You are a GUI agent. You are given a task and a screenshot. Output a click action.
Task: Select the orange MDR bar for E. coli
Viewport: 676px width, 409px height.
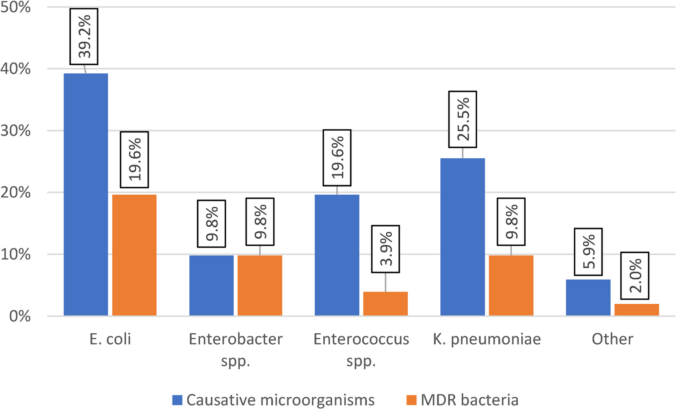tap(134, 255)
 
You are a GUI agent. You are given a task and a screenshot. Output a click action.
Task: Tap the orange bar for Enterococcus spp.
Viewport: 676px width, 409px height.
tap(385, 303)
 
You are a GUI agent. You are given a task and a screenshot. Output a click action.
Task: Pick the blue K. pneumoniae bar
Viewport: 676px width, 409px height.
tap(463, 237)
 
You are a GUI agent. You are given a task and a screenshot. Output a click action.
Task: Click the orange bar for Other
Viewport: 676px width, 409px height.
tap(637, 310)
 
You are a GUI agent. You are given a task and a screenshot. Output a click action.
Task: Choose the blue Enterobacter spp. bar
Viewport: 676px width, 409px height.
tap(212, 285)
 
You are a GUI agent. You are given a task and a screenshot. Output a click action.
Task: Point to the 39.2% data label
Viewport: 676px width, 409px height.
tap(84, 36)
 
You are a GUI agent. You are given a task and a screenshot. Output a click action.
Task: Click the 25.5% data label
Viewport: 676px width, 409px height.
tap(463, 119)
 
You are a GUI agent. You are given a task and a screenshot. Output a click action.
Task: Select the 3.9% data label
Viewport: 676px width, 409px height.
tap(385, 249)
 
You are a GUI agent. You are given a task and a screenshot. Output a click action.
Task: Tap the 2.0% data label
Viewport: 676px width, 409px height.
tap(635, 276)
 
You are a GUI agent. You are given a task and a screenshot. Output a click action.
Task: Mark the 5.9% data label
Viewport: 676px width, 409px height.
tap(588, 252)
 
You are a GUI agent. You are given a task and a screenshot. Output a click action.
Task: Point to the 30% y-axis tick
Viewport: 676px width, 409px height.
tap(16, 131)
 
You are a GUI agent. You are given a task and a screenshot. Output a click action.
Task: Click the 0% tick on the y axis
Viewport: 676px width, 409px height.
tap(20, 316)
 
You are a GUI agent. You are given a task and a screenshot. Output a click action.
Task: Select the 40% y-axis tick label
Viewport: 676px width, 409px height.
tap(16, 69)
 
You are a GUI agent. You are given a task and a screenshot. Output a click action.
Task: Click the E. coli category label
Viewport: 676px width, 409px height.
tap(110, 339)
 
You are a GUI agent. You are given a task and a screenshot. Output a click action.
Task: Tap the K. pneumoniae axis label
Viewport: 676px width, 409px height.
tap(487, 339)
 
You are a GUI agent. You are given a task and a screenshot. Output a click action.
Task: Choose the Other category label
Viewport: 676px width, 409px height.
tap(612, 339)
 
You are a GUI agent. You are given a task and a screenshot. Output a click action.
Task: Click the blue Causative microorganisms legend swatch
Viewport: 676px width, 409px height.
tap(178, 400)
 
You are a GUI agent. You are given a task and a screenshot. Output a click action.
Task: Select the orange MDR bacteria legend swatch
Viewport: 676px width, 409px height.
tap(411, 400)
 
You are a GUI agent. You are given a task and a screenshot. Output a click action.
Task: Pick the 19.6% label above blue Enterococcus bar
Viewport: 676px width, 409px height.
tap(337, 158)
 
